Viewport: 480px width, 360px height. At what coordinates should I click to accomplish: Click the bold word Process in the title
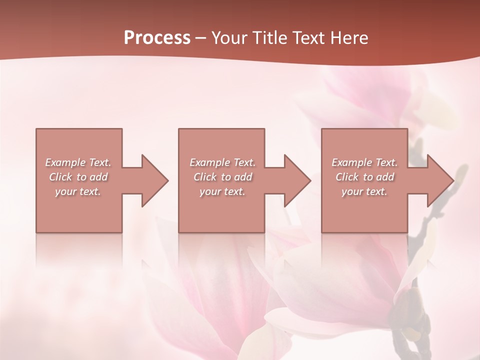(x=157, y=38)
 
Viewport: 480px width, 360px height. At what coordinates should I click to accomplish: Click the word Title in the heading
(x=270, y=38)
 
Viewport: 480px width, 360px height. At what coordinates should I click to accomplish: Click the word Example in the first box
(x=65, y=162)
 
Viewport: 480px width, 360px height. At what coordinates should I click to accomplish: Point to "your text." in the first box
(x=78, y=191)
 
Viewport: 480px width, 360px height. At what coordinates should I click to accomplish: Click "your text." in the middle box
(x=222, y=191)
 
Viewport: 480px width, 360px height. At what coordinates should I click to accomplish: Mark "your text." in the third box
(x=364, y=191)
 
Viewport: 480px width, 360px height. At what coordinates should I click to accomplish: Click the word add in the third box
(x=385, y=177)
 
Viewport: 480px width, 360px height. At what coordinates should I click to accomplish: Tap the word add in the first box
(x=99, y=177)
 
